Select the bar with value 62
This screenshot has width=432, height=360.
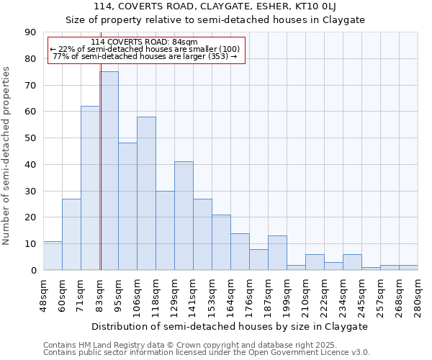pyautogui.click(x=90, y=188)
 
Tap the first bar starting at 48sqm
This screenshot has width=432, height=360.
pyautogui.click(x=53, y=256)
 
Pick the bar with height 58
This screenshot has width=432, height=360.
pyautogui.click(x=146, y=193)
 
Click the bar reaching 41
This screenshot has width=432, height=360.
pyautogui.click(x=184, y=216)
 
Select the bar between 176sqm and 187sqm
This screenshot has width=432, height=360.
pyautogui.click(x=258, y=259)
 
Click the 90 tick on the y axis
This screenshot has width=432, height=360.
pyautogui.click(x=31, y=32)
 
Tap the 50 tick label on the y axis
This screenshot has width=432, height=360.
pyautogui.click(x=31, y=138)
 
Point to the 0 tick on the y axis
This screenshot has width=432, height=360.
pyautogui.click(x=34, y=271)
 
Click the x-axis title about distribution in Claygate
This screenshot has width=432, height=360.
pyautogui.click(x=230, y=326)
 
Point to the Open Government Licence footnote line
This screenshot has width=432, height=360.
pyautogui.click(x=207, y=353)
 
